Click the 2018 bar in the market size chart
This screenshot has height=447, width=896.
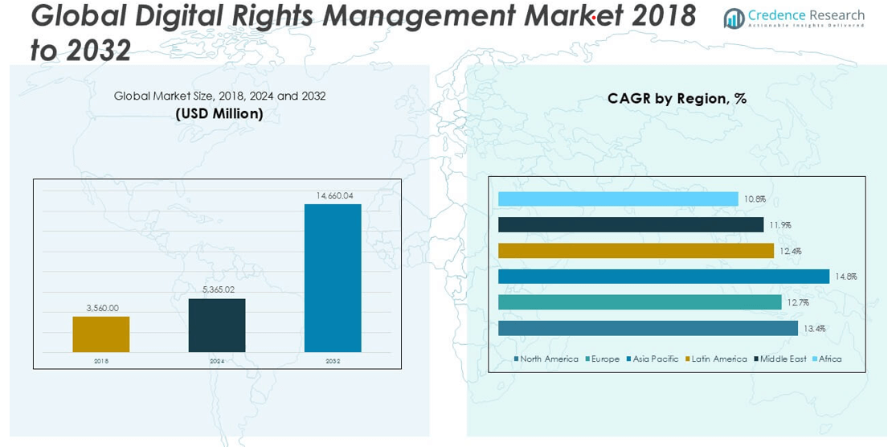point(100,334)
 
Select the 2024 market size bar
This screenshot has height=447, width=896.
point(217,325)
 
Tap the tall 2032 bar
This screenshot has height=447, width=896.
point(333,277)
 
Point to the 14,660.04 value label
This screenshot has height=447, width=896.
point(334,195)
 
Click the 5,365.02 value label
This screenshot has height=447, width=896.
point(217,289)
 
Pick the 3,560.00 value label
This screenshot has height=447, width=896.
point(102,307)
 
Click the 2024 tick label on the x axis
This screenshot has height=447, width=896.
point(217,362)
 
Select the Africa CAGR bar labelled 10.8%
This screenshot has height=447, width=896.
point(617,199)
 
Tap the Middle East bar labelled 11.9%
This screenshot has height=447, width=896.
point(630,224)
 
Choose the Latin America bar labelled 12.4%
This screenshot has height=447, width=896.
point(636,251)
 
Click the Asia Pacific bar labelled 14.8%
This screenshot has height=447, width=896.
point(663,277)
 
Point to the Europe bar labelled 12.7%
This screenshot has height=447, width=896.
point(639,302)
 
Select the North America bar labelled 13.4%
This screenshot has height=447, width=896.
point(648,328)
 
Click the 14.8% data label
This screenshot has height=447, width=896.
point(845,277)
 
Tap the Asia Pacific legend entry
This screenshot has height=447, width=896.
point(655,359)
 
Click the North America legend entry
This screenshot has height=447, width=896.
point(548,359)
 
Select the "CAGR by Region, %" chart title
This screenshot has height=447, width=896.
point(677,99)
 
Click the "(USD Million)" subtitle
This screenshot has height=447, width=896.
point(219,113)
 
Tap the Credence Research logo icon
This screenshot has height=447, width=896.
point(734,18)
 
